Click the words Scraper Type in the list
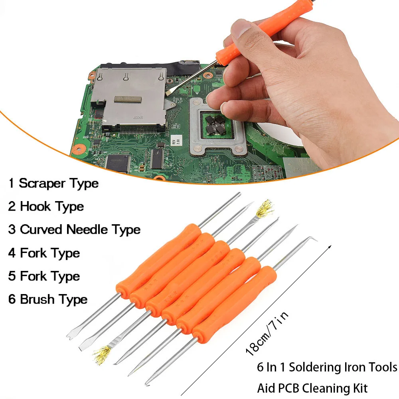(59, 184)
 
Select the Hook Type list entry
(52, 207)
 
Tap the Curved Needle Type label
(80, 230)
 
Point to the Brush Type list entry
(53, 299)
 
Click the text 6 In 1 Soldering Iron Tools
(327, 367)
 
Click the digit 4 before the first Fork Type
(12, 253)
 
